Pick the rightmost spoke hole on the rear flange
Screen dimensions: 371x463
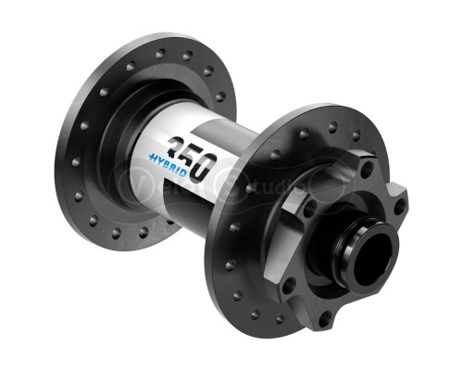click(x=219, y=96)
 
